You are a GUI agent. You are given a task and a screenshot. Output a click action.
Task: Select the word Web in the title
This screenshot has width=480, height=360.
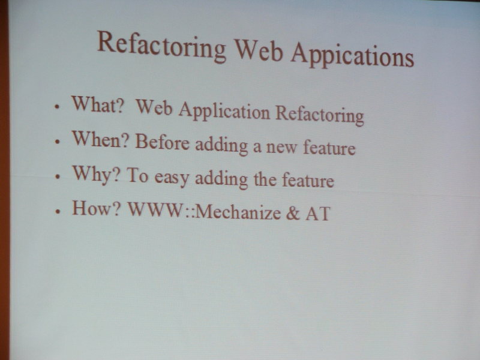(259, 50)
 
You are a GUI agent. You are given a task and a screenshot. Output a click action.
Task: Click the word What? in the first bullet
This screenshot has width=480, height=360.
(98, 104)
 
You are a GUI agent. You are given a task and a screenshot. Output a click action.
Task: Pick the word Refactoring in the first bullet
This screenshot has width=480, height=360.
(320, 115)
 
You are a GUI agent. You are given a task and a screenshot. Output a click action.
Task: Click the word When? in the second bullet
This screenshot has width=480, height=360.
(100, 139)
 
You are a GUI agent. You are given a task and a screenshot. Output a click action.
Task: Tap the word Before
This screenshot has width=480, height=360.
(162, 142)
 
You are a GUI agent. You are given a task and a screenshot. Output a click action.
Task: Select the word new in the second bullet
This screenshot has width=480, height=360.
(281, 147)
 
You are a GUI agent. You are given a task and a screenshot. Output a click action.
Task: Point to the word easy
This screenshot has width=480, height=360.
(172, 178)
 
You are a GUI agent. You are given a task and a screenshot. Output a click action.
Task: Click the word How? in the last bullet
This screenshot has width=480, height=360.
(97, 208)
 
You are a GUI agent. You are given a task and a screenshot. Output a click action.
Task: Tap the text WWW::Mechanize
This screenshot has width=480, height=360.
(204, 211)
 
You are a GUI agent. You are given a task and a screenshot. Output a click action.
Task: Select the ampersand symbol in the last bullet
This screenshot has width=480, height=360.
(293, 213)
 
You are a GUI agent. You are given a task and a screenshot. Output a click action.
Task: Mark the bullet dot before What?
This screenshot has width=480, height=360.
(56, 107)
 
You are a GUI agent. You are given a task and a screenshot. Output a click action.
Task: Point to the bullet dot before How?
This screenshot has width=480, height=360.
(58, 212)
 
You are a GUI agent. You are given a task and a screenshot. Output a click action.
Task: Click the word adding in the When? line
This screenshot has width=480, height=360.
(221, 145)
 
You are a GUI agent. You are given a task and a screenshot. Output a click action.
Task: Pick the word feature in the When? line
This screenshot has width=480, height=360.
(329, 147)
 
